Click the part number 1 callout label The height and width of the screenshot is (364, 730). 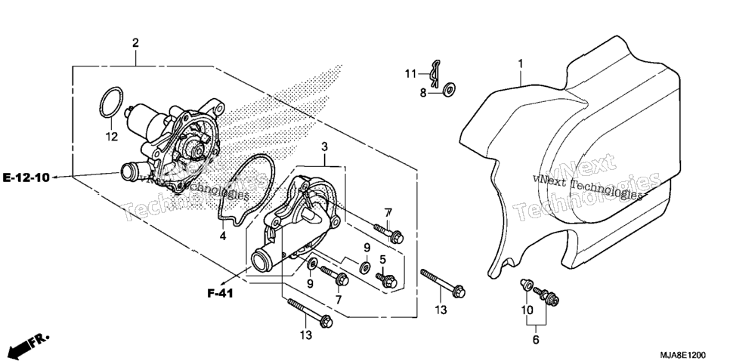tap(521, 63)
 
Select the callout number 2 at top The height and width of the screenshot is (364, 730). tap(135, 43)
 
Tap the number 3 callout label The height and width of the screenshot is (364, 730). tap(324, 147)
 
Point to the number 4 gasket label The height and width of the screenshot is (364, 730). tap(223, 236)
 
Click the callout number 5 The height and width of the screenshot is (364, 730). tap(382, 259)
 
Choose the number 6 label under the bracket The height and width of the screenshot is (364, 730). tap(535, 340)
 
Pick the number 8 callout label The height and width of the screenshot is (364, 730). tap(422, 93)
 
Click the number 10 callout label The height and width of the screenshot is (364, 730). tap(527, 310)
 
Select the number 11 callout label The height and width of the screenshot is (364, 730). tap(410, 73)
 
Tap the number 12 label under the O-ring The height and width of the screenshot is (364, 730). tap(112, 137)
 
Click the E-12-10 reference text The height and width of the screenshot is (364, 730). tap(26, 177)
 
